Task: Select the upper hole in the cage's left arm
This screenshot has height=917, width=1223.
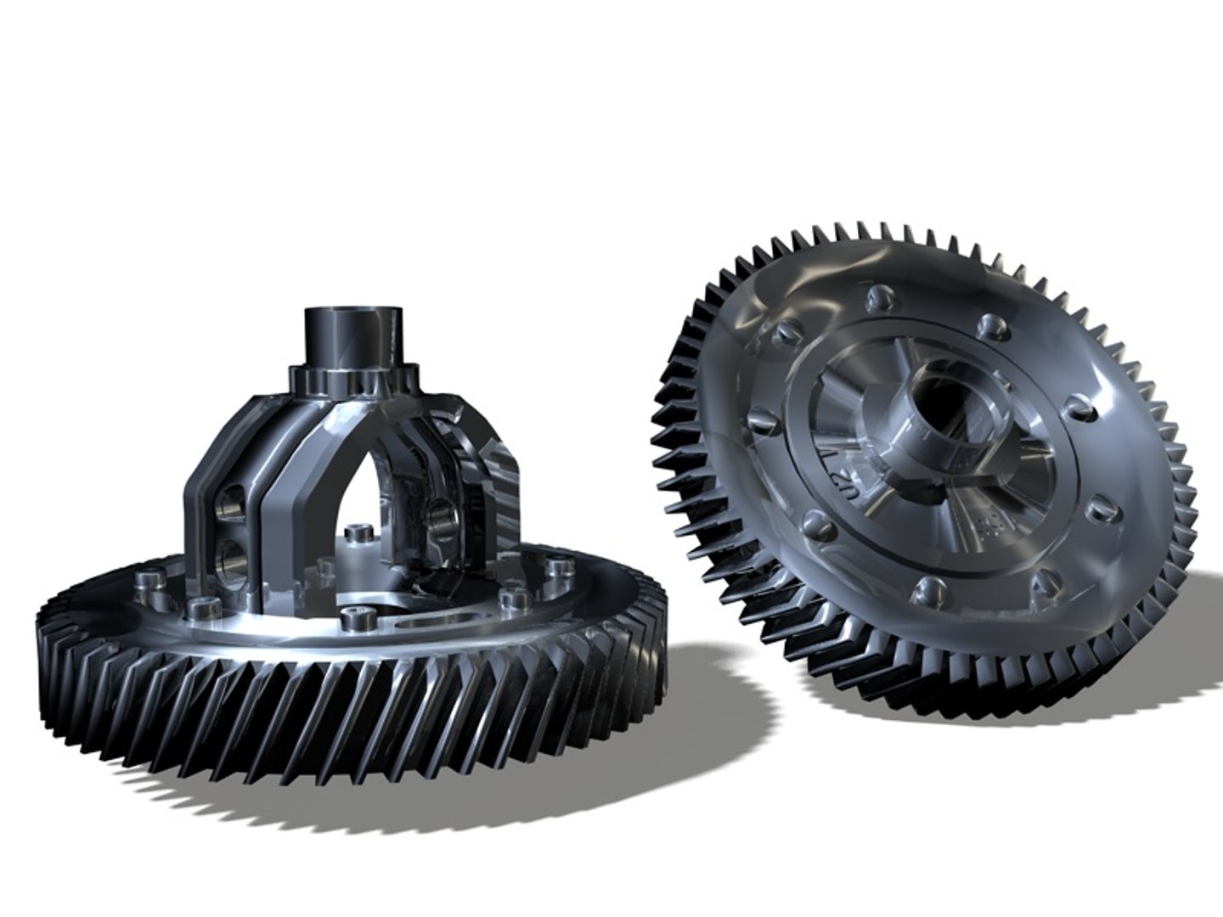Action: (x=229, y=509)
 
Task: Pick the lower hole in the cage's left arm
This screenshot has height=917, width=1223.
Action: (x=231, y=557)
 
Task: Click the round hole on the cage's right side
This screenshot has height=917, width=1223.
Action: (x=442, y=514)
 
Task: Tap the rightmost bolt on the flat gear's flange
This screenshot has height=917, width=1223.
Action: (x=556, y=566)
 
